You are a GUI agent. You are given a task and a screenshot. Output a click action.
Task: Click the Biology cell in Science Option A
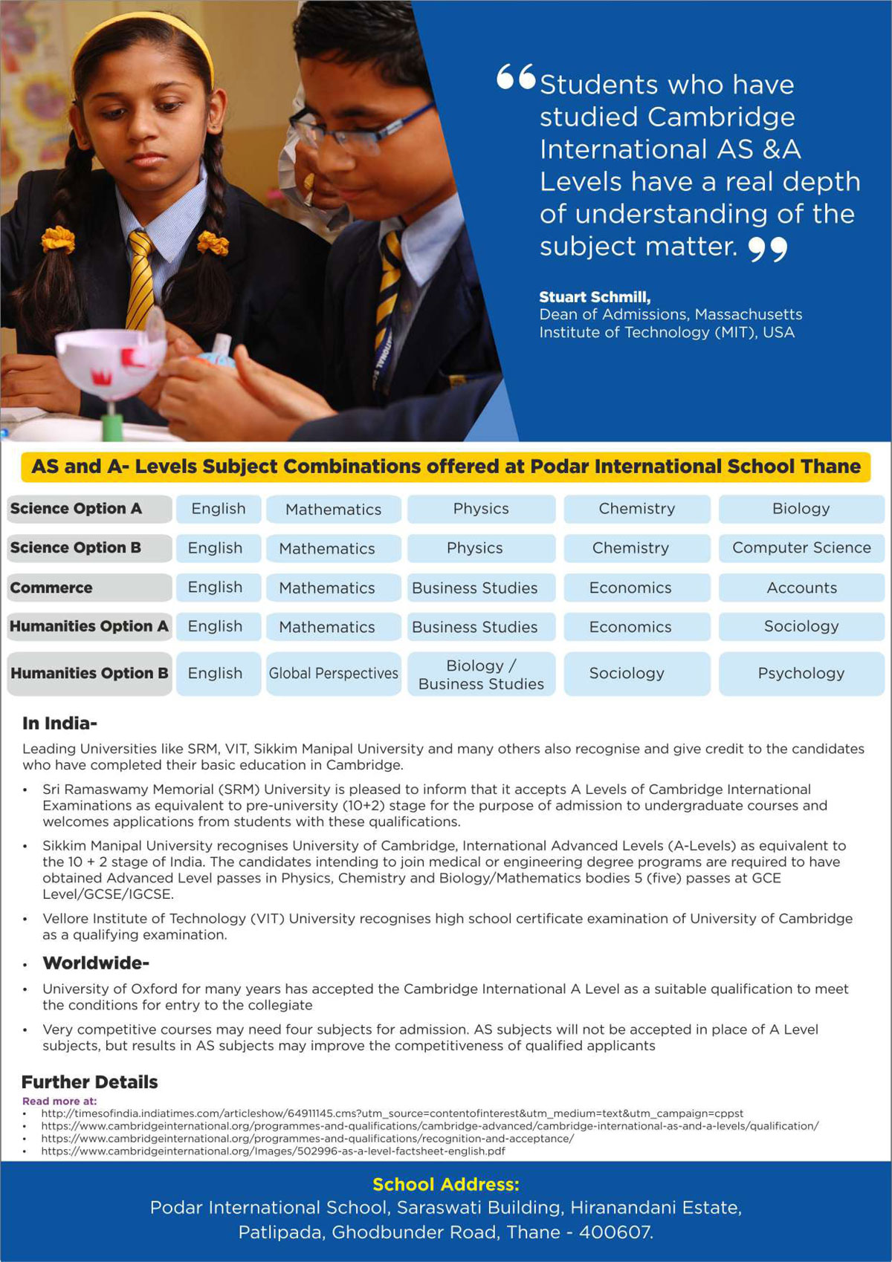click(x=801, y=509)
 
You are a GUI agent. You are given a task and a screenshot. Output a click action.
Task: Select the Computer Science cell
click(x=801, y=548)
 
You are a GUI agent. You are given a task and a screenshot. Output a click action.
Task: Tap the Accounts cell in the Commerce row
click(x=801, y=588)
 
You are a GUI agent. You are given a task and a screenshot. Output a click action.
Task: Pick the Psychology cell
click(x=801, y=673)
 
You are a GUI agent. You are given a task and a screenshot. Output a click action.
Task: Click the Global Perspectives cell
click(x=333, y=673)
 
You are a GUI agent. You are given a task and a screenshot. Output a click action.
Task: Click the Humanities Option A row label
click(x=88, y=626)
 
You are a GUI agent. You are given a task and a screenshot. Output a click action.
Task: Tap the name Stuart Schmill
click(x=594, y=297)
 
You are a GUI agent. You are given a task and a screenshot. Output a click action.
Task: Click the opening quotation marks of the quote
click(x=516, y=77)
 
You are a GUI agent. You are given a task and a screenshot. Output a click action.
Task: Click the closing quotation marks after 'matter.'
click(x=767, y=249)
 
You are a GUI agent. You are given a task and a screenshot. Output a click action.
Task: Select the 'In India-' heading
click(x=59, y=723)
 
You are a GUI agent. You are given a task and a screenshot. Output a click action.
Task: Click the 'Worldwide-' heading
click(x=96, y=963)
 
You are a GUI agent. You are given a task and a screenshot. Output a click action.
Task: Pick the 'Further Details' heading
click(x=89, y=1082)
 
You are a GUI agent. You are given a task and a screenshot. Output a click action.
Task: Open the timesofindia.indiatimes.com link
click(x=392, y=1113)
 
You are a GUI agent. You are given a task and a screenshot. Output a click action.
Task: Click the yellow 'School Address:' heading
click(x=446, y=1184)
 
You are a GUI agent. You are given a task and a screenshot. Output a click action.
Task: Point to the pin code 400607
click(x=615, y=1232)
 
